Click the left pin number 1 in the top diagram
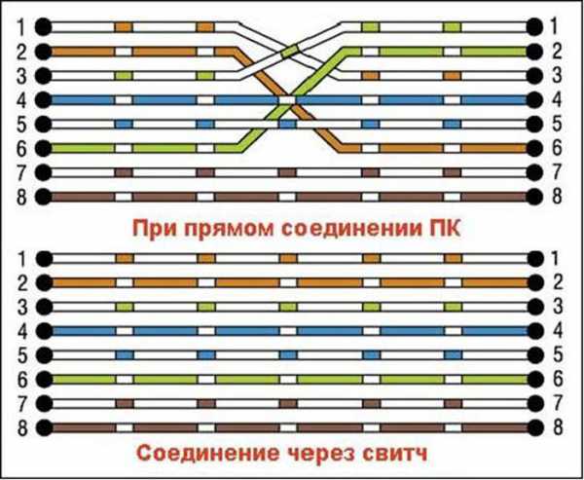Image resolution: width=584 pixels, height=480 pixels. [x=21, y=27]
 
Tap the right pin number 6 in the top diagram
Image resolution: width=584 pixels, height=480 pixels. [x=556, y=148]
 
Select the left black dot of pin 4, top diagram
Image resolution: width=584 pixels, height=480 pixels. [x=44, y=100]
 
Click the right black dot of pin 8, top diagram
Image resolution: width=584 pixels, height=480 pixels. [x=534, y=197]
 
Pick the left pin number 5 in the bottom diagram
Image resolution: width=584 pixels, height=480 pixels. [x=22, y=355]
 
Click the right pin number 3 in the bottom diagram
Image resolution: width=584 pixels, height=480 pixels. [x=557, y=307]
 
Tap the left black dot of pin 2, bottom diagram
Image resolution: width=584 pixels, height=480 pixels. [x=45, y=283]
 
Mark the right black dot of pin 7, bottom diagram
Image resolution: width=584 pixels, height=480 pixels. [x=536, y=403]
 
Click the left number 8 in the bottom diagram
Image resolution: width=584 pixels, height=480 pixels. [x=22, y=427]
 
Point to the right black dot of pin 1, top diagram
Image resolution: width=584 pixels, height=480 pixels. [x=534, y=27]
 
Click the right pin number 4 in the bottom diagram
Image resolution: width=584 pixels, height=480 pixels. [x=557, y=331]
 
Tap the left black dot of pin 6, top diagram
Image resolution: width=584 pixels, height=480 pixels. [x=44, y=148]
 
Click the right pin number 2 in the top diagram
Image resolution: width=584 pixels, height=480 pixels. [x=556, y=52]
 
